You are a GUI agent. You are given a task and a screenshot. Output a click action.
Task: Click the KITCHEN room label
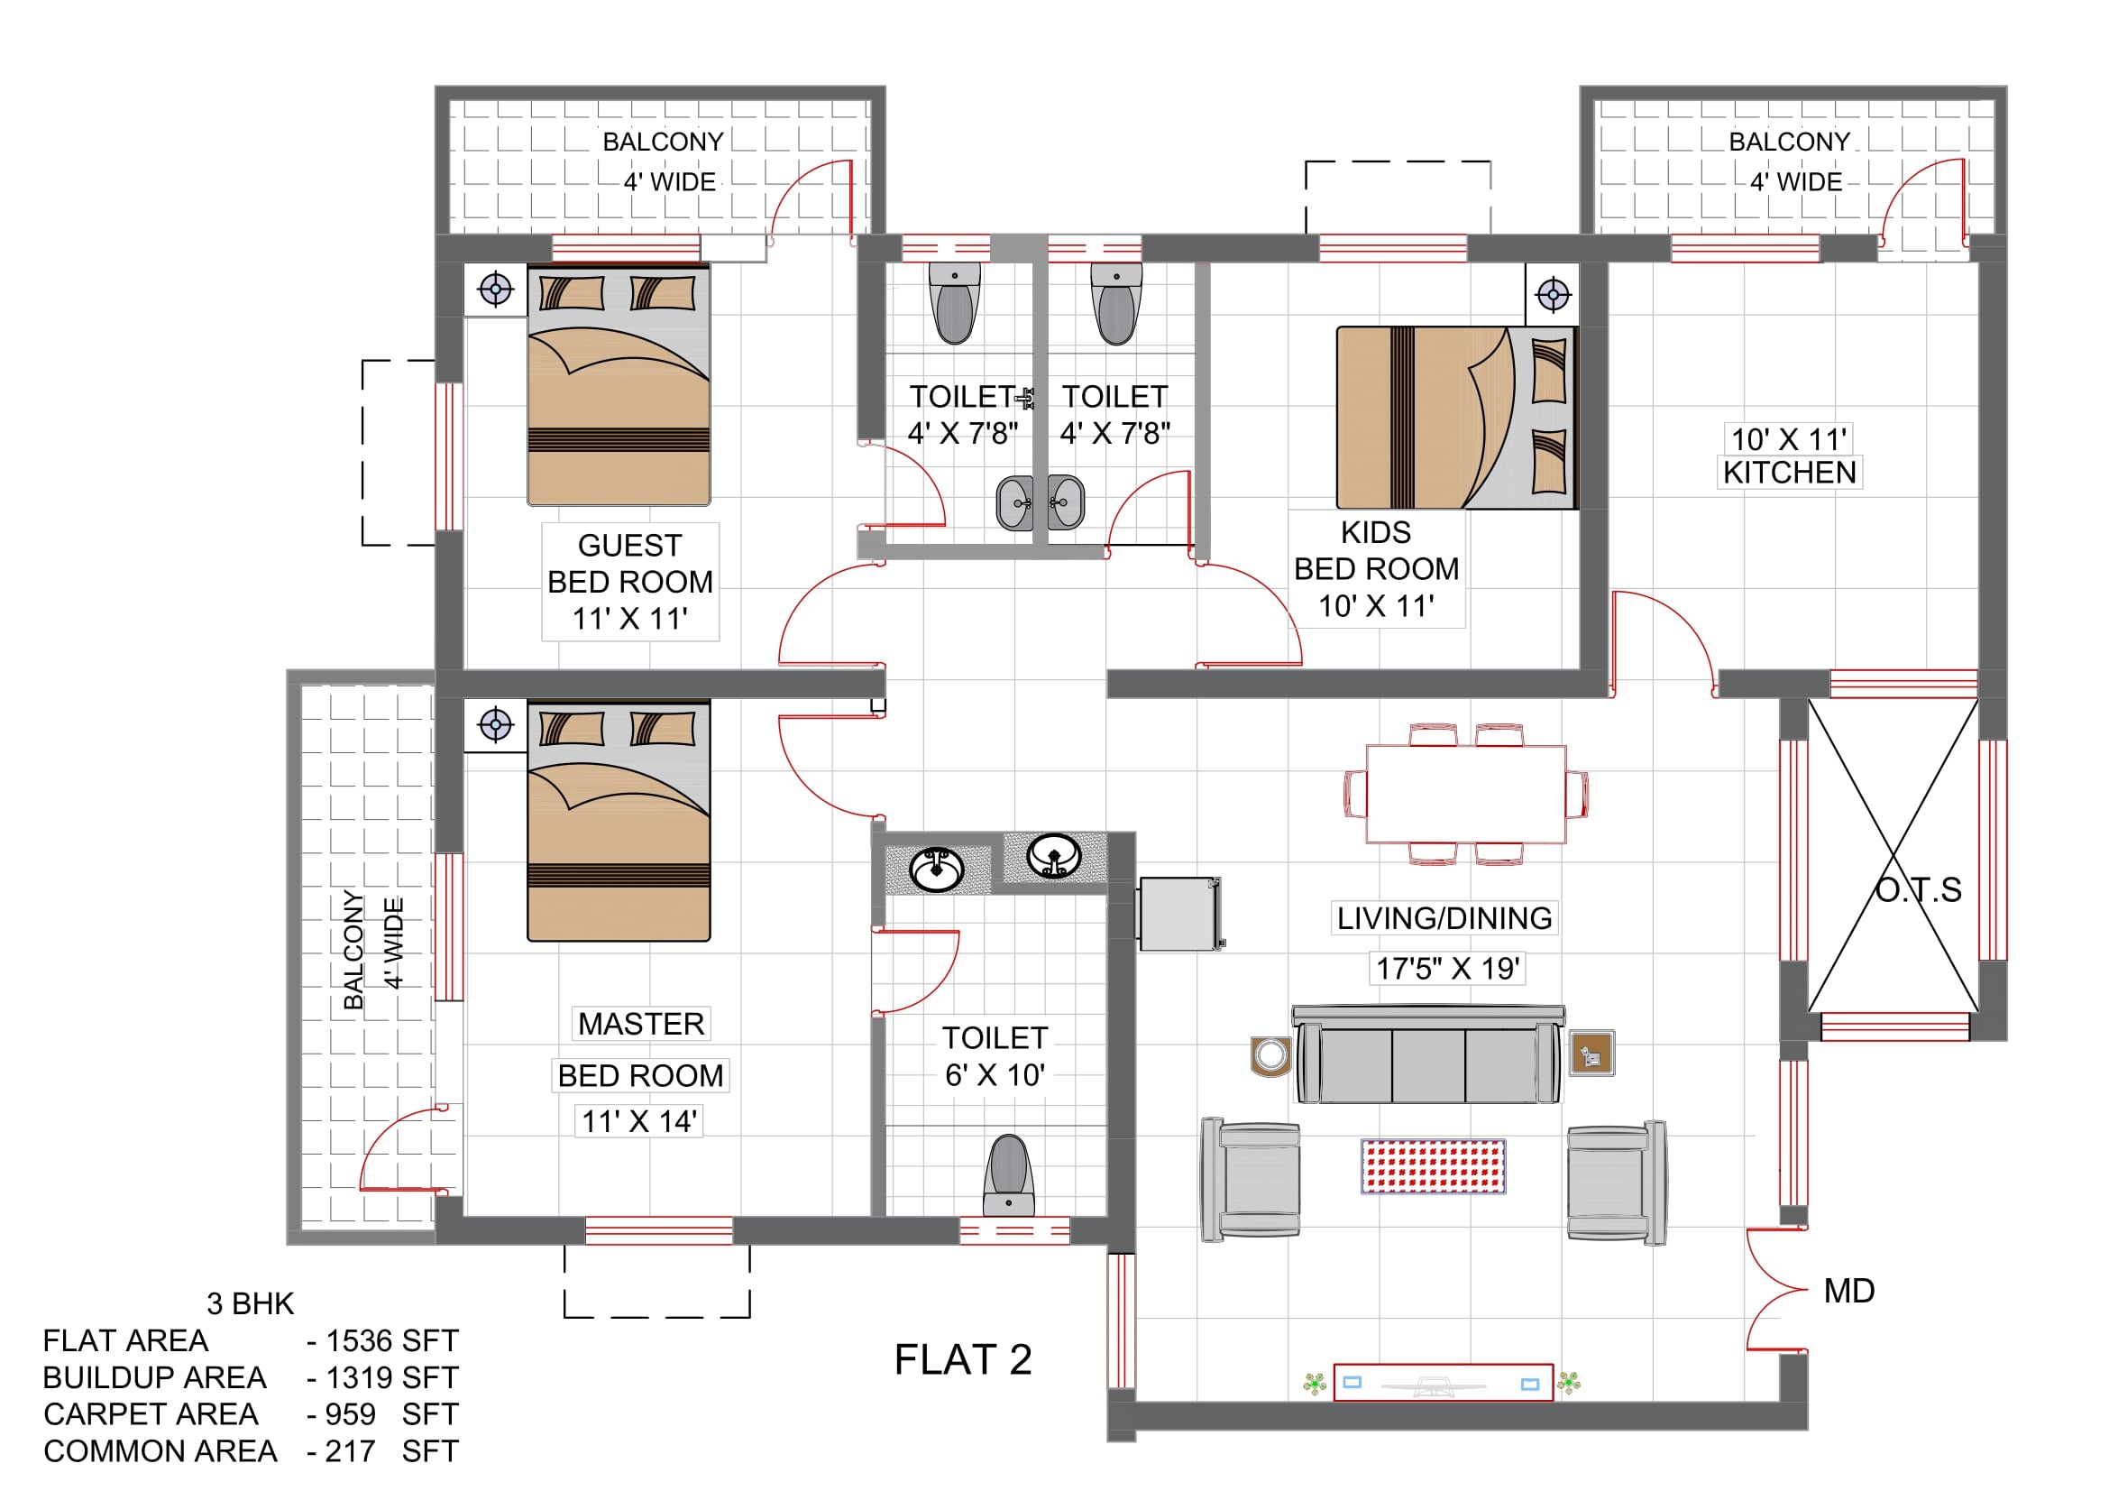[x=1789, y=473]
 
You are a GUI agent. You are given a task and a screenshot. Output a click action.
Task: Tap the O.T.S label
[x=1918, y=890]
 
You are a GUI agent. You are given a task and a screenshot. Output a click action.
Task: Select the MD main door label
[x=1849, y=1291]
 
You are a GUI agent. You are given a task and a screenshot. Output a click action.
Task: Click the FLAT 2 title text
[x=963, y=1359]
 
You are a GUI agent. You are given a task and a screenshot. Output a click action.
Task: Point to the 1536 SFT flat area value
[x=392, y=1341]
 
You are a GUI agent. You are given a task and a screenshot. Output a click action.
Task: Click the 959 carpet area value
[x=350, y=1414]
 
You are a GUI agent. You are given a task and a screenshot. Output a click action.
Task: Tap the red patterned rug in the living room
[x=1433, y=1165]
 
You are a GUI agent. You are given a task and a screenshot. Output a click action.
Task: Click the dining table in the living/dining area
[x=1466, y=794]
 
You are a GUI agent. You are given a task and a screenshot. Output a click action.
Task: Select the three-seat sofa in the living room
[x=1428, y=1054]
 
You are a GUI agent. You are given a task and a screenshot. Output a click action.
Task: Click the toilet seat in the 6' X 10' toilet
[x=1009, y=1176]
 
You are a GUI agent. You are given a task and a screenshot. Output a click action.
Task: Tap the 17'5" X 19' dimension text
[x=1448, y=968]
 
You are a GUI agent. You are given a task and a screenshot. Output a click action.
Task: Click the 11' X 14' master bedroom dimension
[x=639, y=1122]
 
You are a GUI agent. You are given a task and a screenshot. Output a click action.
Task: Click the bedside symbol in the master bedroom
[x=495, y=726]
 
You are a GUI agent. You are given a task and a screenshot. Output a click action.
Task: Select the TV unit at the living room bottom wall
[x=1443, y=1383]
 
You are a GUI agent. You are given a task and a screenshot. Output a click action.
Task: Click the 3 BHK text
[x=250, y=1304]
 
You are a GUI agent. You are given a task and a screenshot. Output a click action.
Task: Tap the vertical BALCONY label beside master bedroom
[x=353, y=950]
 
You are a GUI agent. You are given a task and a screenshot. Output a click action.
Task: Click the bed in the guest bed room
[x=619, y=385]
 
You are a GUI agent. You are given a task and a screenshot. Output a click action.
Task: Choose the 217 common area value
[x=350, y=1451]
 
